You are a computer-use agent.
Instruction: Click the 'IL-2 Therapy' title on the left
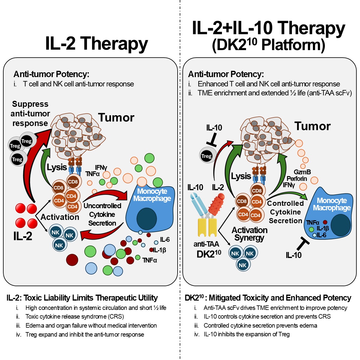[96, 43]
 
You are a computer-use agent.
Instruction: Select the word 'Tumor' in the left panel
[116, 118]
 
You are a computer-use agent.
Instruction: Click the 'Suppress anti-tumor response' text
[30, 114]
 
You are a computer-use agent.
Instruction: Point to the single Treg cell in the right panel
[206, 156]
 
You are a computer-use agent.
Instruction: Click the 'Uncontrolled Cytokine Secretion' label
[102, 214]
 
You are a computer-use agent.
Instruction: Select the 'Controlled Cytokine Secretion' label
[285, 212]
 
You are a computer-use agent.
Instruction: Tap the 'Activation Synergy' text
[249, 234]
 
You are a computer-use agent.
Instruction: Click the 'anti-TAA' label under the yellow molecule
[206, 244]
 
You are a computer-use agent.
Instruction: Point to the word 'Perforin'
[297, 178]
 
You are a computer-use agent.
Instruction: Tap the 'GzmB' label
[302, 172]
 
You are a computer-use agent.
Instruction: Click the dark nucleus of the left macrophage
[147, 219]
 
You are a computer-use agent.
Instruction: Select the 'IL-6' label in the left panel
[165, 239]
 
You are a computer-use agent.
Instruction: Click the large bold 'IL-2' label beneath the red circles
[23, 236]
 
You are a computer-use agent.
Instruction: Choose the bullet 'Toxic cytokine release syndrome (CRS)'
[75, 316]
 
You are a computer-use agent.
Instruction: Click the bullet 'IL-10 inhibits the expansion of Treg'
[247, 334]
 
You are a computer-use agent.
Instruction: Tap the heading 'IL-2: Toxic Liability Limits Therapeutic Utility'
[82, 298]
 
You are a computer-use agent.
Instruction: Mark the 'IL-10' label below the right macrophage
[293, 255]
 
